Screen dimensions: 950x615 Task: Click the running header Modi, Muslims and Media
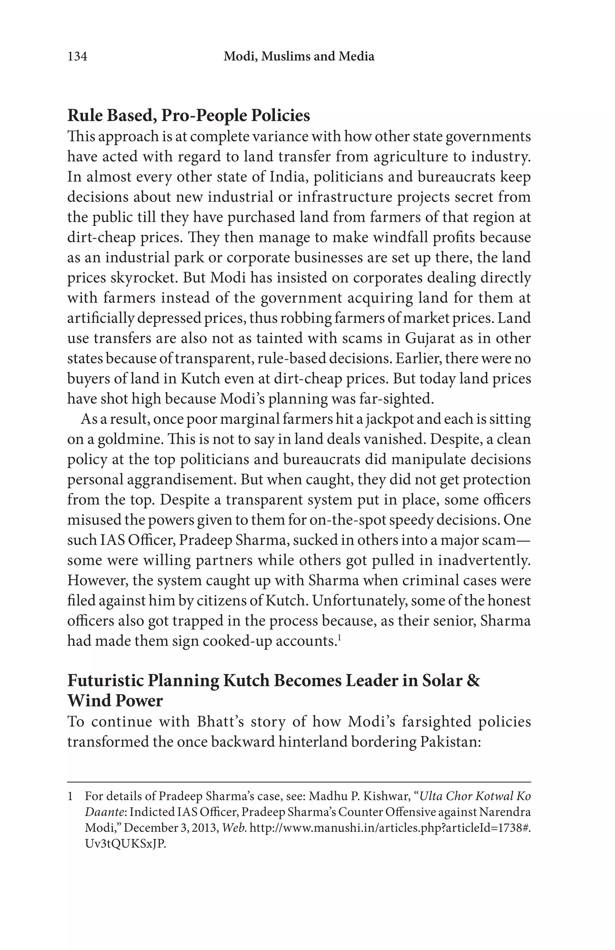[299, 57]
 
